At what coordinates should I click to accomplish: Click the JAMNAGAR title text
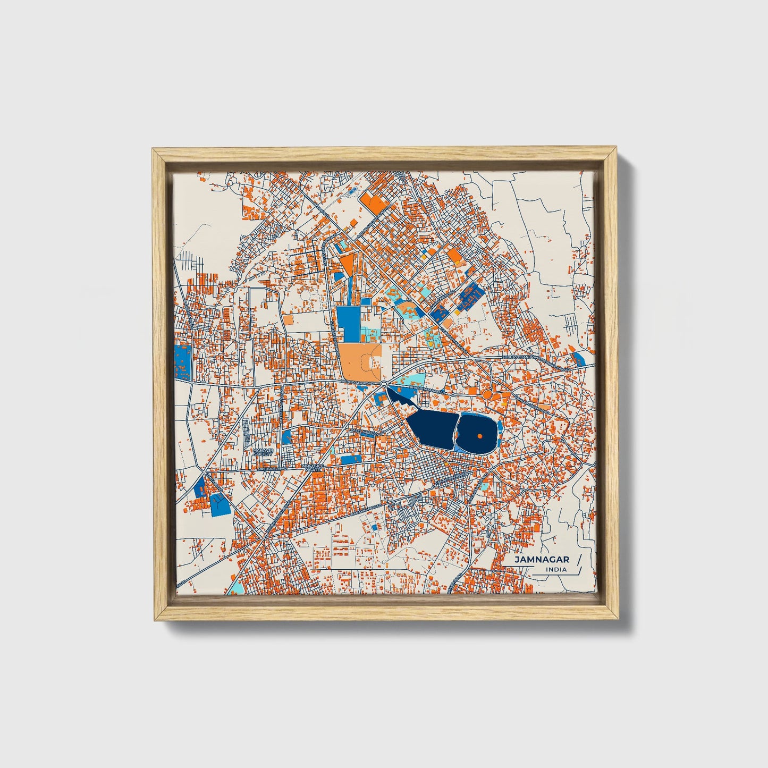coord(542,560)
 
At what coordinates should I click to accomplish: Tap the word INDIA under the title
coord(556,570)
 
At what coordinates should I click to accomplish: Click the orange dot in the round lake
coord(479,436)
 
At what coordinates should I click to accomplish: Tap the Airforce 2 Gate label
coord(312,468)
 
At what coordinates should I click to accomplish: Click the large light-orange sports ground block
coord(360,361)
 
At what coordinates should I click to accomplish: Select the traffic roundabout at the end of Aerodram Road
coord(384,383)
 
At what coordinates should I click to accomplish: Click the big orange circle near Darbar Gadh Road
coord(486,395)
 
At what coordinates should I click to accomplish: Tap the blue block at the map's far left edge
coord(182,359)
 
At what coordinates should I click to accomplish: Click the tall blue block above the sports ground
coord(349,323)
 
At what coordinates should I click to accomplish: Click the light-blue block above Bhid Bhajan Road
coord(412,380)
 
